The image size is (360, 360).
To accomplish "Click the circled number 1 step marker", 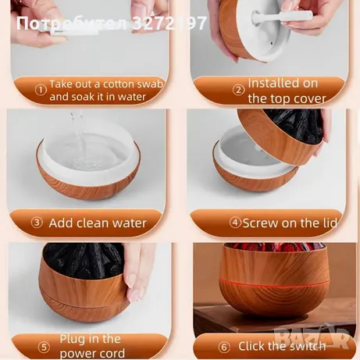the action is [41, 91].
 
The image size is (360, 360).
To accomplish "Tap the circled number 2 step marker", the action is [238, 91].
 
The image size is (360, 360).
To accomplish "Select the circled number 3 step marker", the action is [37, 223].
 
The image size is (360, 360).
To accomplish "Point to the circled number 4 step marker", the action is [235, 223].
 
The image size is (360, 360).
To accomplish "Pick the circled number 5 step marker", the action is [44, 348].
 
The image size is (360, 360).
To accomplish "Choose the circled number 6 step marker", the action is [224, 348].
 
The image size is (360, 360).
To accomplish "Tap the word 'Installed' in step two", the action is [269, 84].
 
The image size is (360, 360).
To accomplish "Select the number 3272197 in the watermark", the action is [169, 23].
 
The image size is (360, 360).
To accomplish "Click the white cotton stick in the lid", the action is [283, 16].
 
